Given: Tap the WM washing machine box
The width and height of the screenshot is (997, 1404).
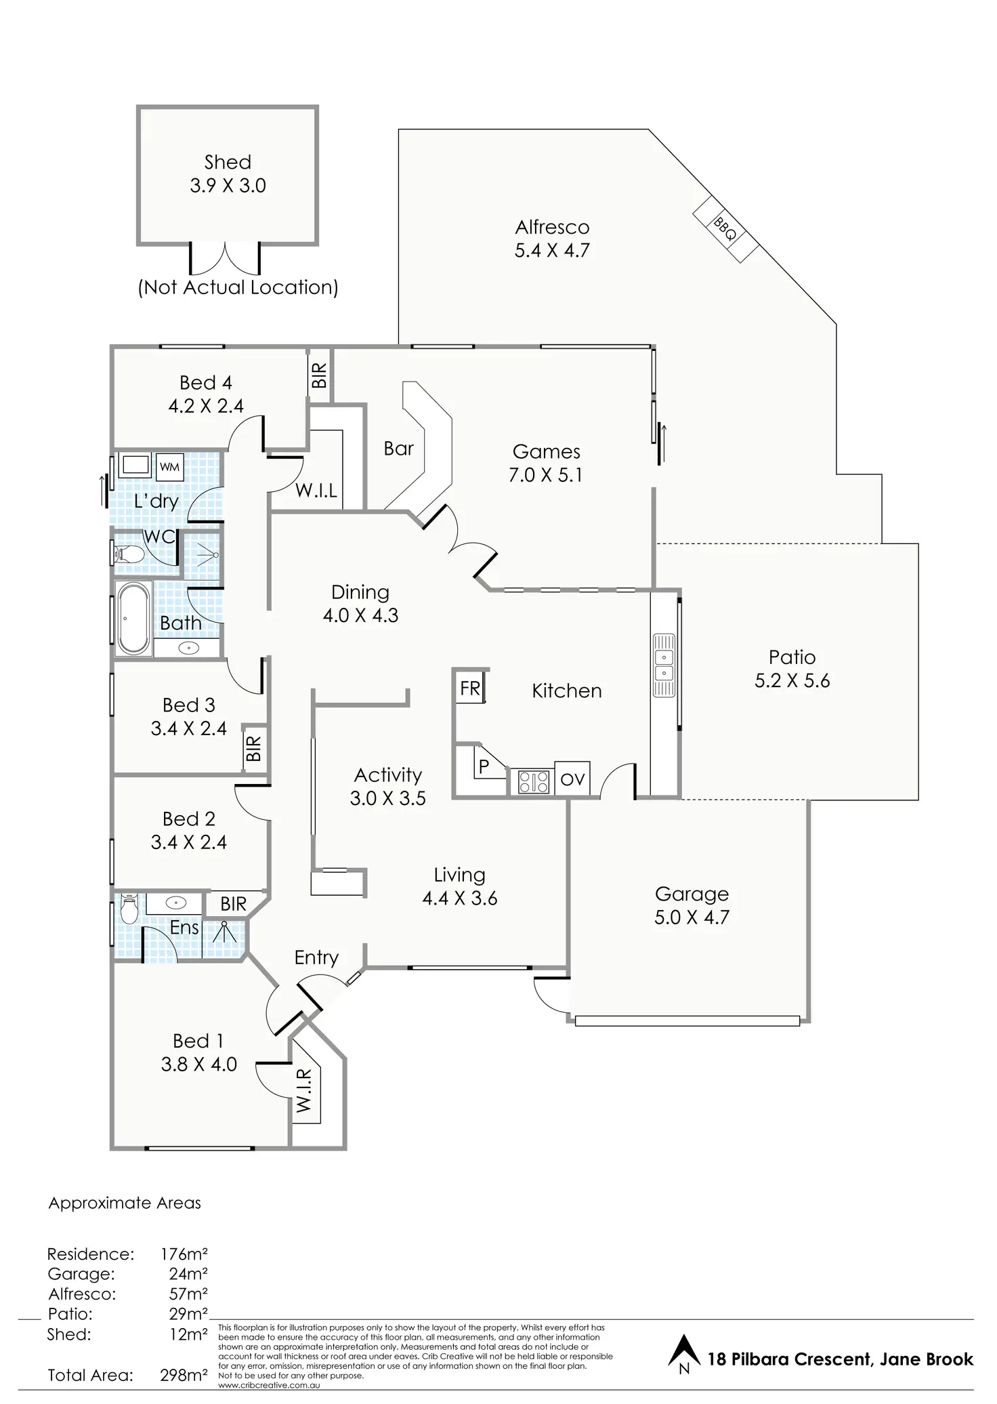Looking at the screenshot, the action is coord(169,467).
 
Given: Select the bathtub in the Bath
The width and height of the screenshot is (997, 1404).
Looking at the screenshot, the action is coord(133,618).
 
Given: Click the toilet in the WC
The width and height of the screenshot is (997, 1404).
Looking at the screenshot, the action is coord(129,554).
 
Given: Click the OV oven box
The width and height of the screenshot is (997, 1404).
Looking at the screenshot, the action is coord(572,779).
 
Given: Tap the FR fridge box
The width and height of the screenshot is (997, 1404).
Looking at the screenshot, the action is coord(470,688).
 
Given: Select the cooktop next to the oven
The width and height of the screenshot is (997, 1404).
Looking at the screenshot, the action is coord(533,782).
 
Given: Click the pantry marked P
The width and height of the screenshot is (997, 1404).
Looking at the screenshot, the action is coord(484,766).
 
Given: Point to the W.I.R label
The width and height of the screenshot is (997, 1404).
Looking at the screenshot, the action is coord(304,1090).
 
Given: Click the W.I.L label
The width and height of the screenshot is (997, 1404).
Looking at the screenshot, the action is coord(316,490).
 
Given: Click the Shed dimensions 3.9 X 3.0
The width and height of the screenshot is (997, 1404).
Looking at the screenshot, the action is coord(228,186).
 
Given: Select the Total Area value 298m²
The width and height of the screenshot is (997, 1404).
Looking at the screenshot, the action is coord(184,1375).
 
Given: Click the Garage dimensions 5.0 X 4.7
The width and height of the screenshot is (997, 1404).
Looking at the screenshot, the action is coord(692,917).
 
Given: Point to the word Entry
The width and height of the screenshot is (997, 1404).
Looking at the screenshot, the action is coord(316,957).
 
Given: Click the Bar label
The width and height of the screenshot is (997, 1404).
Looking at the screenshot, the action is coord(398,449).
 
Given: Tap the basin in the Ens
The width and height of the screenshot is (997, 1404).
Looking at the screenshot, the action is coord(175,903).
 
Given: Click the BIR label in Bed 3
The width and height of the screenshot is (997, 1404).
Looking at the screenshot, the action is coord(253,749).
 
